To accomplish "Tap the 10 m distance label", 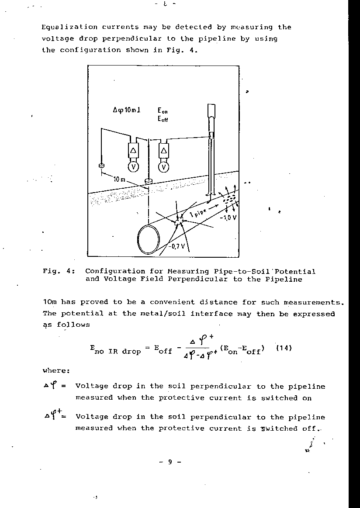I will pos(119,179).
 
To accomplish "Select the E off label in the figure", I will pos(163,119).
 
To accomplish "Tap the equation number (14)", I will pos(284,348).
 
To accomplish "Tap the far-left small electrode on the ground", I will pos(102,166).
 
